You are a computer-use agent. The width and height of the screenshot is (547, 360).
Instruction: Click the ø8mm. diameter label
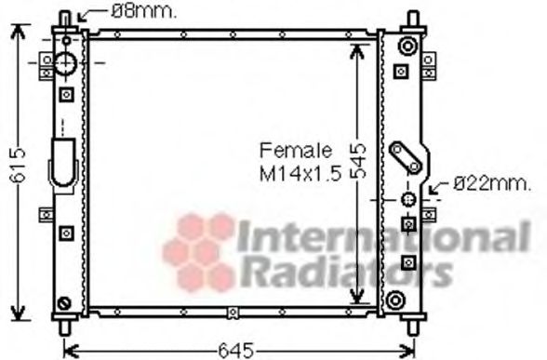(x=144, y=12)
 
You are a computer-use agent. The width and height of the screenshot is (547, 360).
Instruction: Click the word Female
(x=295, y=150)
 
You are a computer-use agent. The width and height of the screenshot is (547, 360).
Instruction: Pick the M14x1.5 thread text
(x=300, y=173)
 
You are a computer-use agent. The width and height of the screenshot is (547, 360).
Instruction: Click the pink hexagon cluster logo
(x=198, y=248)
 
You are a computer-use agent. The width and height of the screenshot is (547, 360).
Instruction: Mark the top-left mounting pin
(x=66, y=19)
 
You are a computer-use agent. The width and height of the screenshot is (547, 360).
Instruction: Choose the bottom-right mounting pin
(x=412, y=327)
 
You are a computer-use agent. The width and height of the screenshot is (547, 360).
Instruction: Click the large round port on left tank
(x=67, y=64)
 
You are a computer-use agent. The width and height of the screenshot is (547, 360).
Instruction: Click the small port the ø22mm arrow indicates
(x=407, y=200)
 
